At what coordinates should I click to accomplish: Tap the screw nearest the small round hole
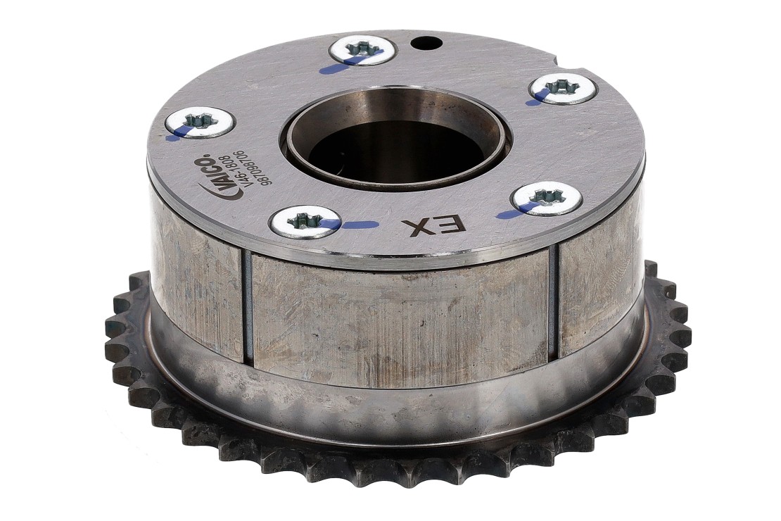point(362,53)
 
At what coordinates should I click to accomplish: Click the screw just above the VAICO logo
point(200,123)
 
